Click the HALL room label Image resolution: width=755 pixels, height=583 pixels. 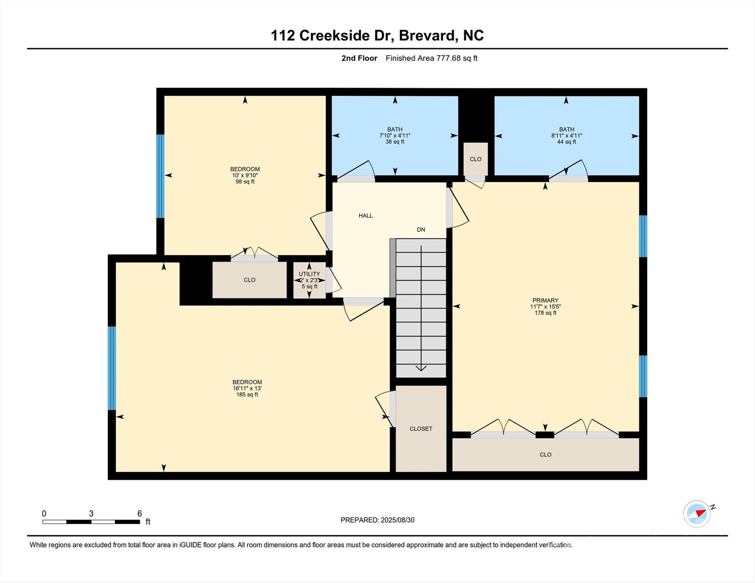pos(365,216)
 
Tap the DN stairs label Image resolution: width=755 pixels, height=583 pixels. pos(421,230)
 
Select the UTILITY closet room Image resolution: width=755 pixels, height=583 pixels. pos(309,280)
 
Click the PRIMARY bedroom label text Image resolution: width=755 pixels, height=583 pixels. pos(545,300)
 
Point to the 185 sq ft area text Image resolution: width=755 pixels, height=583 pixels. pos(247,395)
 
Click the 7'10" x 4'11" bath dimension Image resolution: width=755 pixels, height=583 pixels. pos(395,136)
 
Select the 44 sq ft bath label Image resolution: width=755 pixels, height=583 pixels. pos(566,142)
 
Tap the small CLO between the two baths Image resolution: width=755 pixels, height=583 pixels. pos(475,159)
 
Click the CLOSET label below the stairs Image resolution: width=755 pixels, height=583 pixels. pos(421,429)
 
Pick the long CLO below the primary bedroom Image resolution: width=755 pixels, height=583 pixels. pos(545,455)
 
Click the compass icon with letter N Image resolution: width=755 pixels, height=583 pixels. pos(697,514)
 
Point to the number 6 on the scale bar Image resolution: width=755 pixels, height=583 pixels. pos(139,514)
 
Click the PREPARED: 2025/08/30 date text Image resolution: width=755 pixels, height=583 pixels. pos(377,520)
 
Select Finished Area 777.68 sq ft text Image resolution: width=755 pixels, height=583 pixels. pos(431,58)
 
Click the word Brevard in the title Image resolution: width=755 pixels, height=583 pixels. pos(427,35)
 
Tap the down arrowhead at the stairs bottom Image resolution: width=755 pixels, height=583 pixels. pos(421,368)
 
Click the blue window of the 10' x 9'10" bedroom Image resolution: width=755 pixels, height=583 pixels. pos(160,176)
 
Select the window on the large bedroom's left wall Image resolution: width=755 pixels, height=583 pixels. pos(112,368)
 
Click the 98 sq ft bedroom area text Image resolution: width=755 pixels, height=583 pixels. pos(245,182)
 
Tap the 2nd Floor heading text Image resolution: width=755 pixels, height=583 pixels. pos(359,58)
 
